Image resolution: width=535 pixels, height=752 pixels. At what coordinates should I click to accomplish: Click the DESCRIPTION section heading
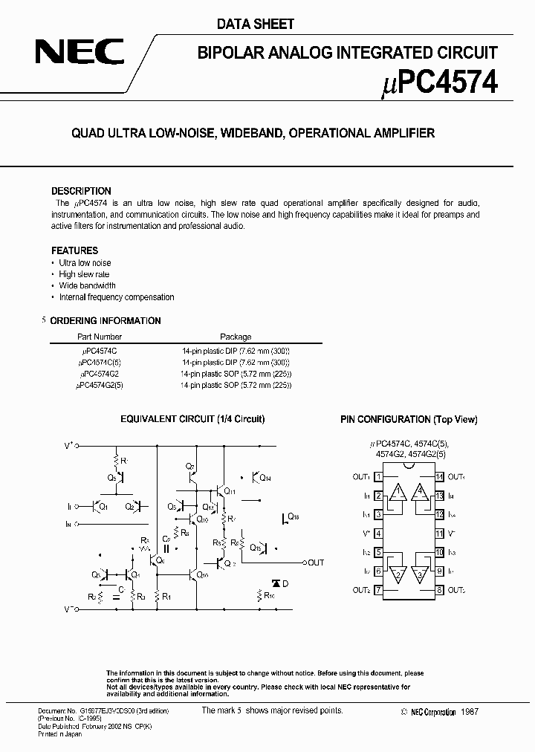point(81,191)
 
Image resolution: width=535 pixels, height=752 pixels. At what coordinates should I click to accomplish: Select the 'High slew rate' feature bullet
point(84,274)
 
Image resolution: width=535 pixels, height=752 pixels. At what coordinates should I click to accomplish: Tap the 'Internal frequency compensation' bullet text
point(117,296)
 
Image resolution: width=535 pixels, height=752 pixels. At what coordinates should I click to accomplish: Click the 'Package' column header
point(236,337)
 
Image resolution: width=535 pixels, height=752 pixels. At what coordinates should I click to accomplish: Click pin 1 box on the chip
point(378,476)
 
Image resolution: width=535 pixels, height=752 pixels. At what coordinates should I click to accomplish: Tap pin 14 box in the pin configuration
point(440,476)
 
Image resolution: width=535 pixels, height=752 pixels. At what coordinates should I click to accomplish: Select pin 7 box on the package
point(378,591)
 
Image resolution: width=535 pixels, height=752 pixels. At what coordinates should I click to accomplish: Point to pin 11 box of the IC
point(440,534)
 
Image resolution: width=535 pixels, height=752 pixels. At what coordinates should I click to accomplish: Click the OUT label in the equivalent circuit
point(316,563)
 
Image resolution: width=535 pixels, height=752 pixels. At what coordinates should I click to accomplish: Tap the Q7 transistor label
point(191,467)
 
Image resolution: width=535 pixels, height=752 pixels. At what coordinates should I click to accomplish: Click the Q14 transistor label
point(266,479)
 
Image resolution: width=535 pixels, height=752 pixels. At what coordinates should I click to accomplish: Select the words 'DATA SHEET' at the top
point(256,24)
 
